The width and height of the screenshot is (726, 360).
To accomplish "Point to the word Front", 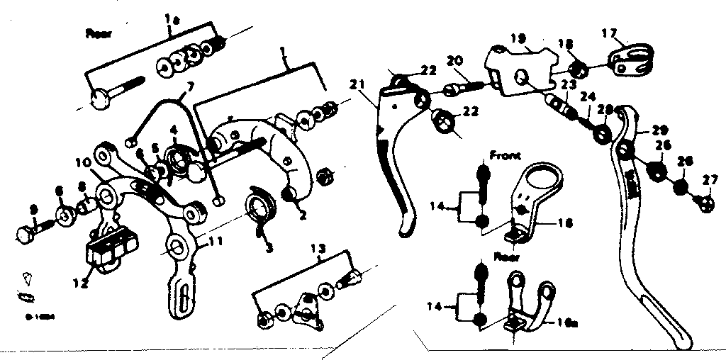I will coord(504,154).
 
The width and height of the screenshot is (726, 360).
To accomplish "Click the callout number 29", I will coord(660,131).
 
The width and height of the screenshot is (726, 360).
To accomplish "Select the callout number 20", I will coord(454,61).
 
